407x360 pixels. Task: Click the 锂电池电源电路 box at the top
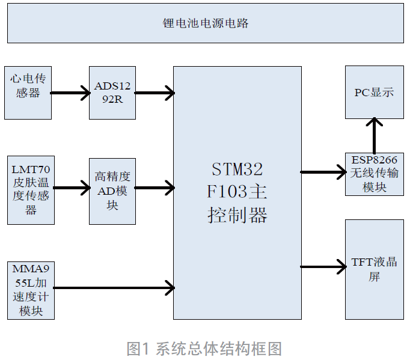click(205, 24)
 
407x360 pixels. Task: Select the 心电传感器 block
click(28, 93)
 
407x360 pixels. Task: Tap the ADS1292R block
click(112, 93)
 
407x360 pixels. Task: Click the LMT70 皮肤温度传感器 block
click(31, 190)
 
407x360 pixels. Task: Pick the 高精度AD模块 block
click(112, 191)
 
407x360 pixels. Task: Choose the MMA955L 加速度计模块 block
click(31, 290)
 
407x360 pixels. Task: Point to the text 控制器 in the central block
click(237, 215)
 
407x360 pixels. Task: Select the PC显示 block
click(374, 93)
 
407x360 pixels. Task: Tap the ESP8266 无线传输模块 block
click(374, 174)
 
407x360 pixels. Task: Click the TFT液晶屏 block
click(374, 269)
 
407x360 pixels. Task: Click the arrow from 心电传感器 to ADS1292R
click(70, 93)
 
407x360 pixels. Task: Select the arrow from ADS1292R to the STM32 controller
click(155, 93)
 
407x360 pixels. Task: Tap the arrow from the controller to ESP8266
click(323, 172)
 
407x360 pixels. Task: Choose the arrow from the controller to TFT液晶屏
click(323, 267)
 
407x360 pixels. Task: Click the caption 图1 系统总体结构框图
click(204, 348)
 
